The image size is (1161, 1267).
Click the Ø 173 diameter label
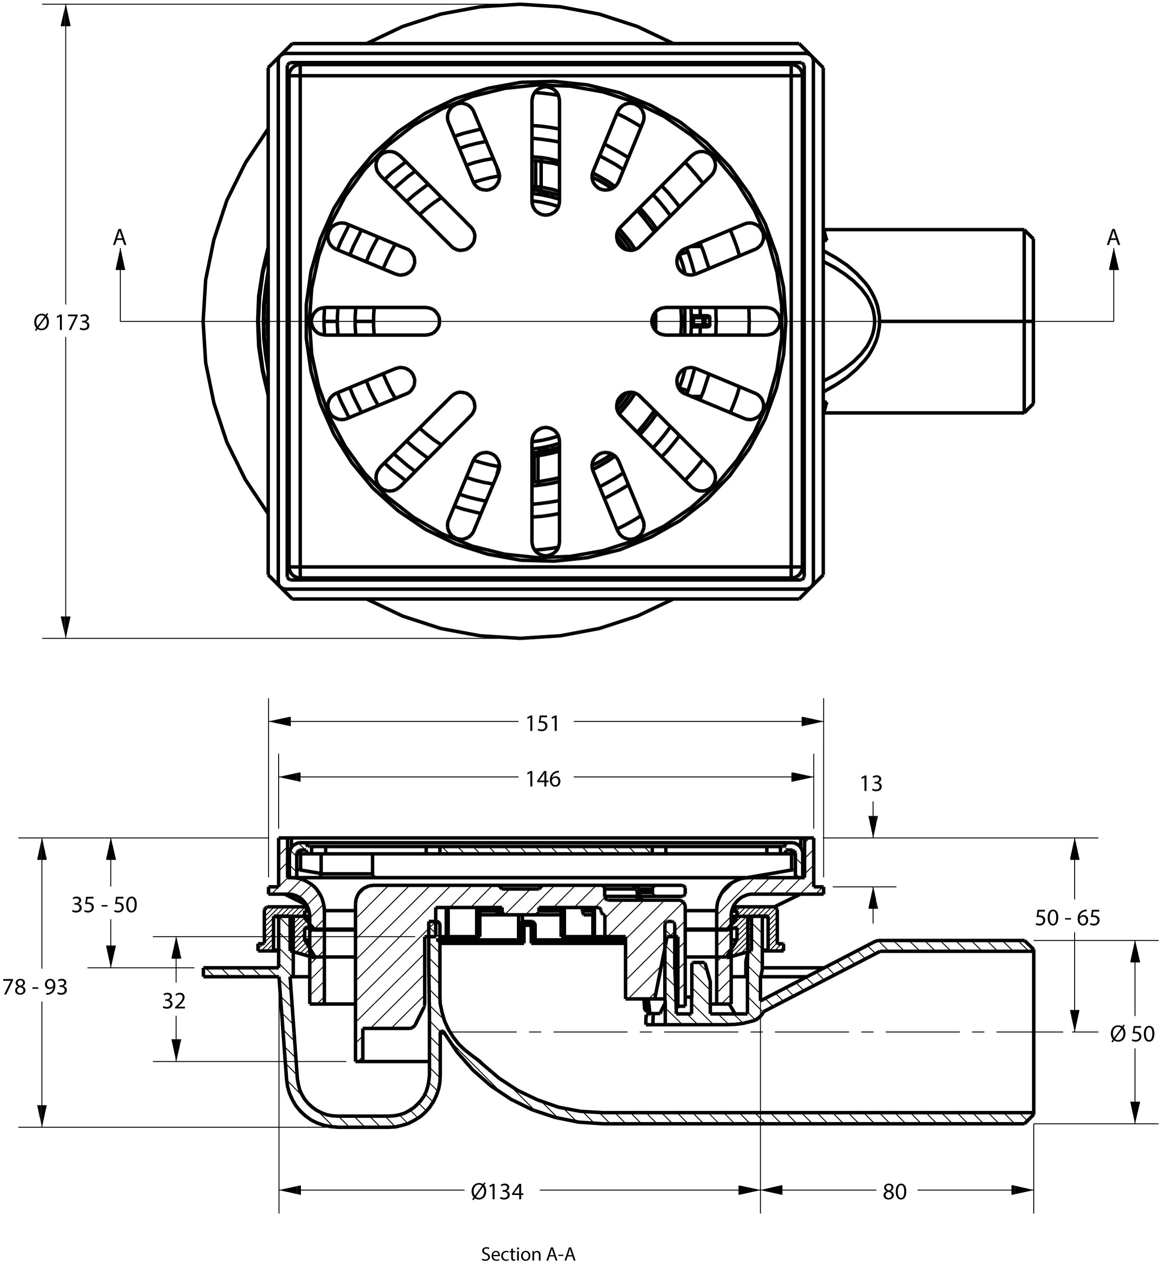tap(62, 322)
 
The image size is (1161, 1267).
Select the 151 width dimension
tap(543, 724)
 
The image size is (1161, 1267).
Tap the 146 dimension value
tap(543, 779)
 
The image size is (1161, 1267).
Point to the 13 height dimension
tap(871, 783)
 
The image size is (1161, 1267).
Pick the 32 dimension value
tap(174, 1000)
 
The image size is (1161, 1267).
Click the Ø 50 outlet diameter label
tap(1132, 1034)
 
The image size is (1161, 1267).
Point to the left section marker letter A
tap(119, 238)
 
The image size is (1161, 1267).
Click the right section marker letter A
tap(1113, 238)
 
